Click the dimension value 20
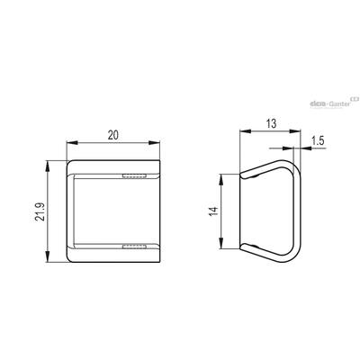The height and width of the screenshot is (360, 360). coord(113,135)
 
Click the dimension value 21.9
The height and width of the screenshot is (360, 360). coord(40,212)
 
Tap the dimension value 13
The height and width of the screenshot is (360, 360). coord(271,123)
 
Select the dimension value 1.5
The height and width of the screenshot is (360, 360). coord(318,140)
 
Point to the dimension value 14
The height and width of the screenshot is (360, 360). coord(213,211)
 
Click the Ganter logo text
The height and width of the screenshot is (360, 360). coord(340,104)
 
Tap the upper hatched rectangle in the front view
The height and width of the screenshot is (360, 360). coord(134,175)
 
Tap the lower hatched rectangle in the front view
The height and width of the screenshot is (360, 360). coord(134,247)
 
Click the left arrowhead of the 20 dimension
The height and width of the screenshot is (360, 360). coord(72,143)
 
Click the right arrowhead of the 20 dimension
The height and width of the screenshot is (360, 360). coord(154,143)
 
